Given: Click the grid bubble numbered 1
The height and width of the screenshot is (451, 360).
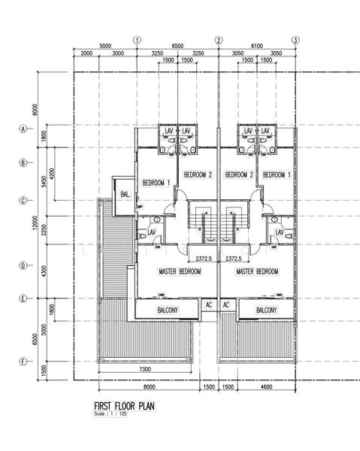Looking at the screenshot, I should pyautogui.click(x=137, y=40).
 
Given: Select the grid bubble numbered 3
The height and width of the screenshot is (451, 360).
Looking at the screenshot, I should pyautogui.click(x=295, y=40).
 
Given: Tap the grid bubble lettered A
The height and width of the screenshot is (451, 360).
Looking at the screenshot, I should pyautogui.click(x=23, y=129).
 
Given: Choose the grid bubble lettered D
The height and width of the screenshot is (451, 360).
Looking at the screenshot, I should pyautogui.click(x=23, y=265).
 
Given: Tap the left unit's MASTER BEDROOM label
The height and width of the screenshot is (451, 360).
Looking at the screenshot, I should pyautogui.click(x=180, y=271).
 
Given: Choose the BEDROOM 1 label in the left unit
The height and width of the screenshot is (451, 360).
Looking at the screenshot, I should pyautogui.click(x=156, y=183).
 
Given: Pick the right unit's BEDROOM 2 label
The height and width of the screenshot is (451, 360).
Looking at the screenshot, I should pyautogui.click(x=238, y=175).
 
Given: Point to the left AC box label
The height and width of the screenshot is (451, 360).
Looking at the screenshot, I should pyautogui.click(x=208, y=305).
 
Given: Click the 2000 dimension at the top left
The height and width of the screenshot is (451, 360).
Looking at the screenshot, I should pyautogui.click(x=86, y=54).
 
